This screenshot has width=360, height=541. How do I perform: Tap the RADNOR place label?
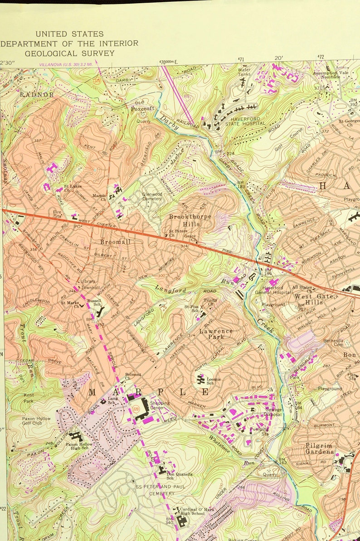(37, 95)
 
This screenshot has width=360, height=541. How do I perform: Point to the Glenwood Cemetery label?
(152, 196)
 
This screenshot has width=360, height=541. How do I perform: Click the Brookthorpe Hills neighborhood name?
(190, 220)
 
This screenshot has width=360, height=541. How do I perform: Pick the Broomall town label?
(115, 242)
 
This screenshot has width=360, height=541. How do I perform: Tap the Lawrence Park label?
(216, 334)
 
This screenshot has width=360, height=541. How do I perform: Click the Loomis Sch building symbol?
(200, 378)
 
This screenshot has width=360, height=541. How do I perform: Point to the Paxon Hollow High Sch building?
(76, 436)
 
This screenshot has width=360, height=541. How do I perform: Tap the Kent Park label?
(29, 398)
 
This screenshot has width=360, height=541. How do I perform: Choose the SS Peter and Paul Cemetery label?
(155, 490)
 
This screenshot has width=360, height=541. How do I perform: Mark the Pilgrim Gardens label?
(319, 449)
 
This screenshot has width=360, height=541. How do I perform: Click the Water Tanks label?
(244, 72)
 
